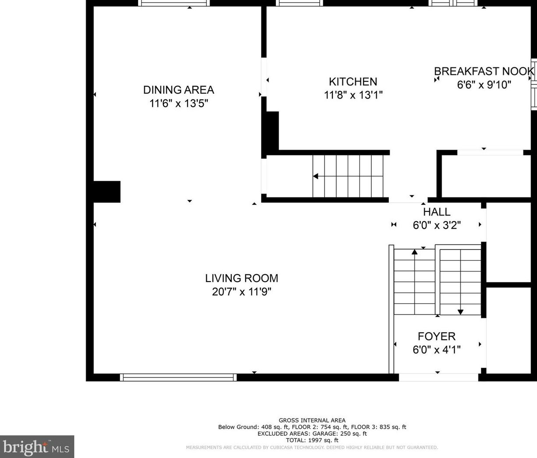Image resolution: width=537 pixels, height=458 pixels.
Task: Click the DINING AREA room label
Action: [x=179, y=90]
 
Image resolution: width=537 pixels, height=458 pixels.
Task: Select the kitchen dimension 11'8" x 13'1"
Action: [x=353, y=95]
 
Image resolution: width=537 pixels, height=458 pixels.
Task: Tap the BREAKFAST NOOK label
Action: [x=484, y=71]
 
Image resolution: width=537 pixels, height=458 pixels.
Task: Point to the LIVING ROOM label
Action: [x=242, y=278]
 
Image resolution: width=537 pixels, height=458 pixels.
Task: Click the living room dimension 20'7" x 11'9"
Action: [x=242, y=292]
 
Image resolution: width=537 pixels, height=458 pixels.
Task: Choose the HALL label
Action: [x=437, y=212]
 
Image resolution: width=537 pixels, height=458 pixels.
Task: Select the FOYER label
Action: [x=437, y=337]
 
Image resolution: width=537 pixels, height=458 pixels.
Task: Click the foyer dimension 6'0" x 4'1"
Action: [x=437, y=350]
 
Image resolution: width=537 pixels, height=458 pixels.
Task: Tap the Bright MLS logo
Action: [x=36, y=447]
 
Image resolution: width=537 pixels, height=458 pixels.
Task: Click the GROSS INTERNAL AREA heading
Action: [x=312, y=420]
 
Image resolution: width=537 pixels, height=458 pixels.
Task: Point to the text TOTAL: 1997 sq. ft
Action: [x=312, y=440]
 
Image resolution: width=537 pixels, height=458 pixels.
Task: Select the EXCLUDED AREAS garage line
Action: [x=312, y=433]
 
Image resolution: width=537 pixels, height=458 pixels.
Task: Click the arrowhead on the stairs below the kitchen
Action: [x=316, y=176]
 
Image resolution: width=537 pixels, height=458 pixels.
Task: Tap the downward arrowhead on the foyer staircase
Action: [x=460, y=312]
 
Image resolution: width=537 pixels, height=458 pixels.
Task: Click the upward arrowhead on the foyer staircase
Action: [x=415, y=252]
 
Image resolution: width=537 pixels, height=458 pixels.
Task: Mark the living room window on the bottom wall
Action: [x=178, y=377]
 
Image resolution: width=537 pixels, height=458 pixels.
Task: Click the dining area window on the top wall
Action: [x=174, y=3]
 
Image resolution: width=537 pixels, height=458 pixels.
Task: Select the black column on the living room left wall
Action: [x=107, y=192]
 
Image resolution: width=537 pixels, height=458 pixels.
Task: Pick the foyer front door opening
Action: [x=439, y=377]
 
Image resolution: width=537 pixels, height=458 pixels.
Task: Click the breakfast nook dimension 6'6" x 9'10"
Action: [x=484, y=85]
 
